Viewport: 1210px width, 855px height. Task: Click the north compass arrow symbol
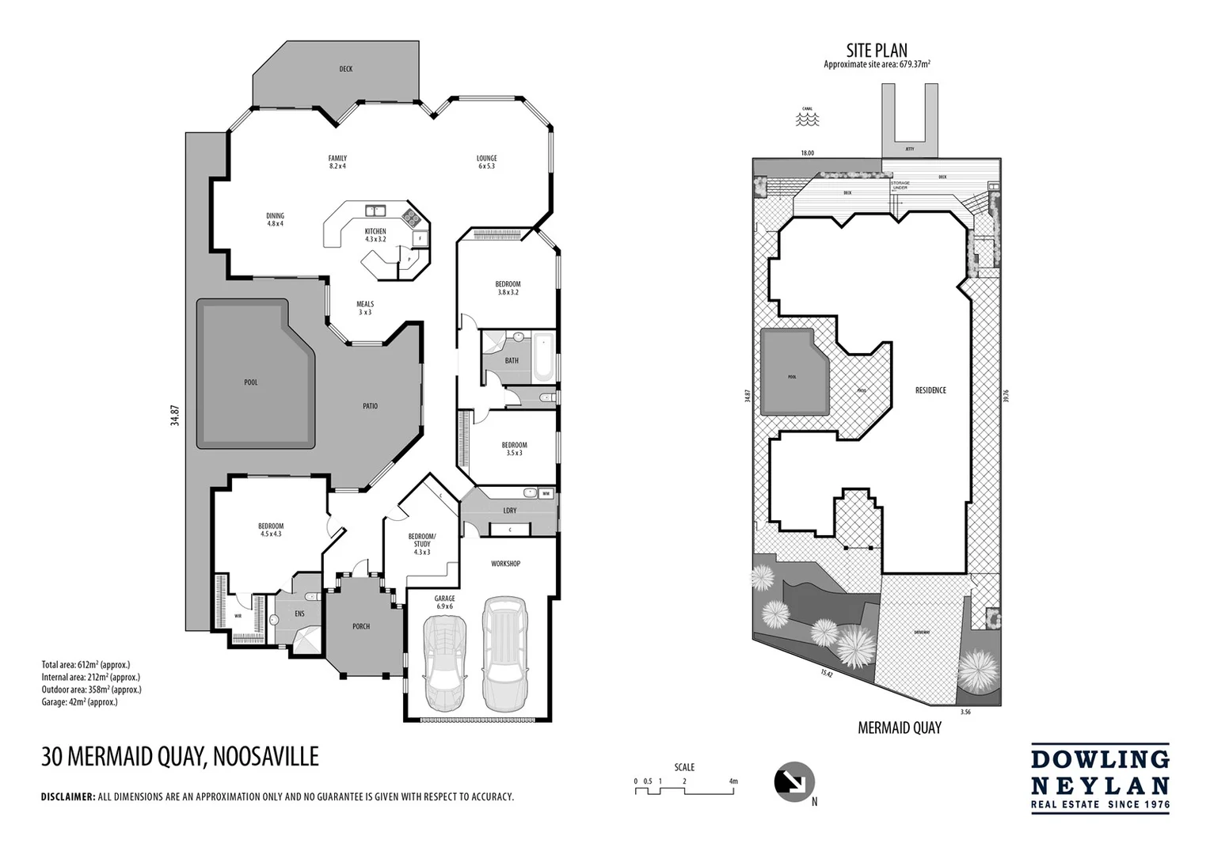[793, 781]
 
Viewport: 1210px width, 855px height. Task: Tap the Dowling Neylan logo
[1099, 778]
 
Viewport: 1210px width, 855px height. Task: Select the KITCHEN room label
[375, 231]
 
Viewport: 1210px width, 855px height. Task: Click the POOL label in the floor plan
[251, 382]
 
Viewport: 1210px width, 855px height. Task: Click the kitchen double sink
[375, 211]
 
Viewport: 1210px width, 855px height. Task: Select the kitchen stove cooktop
[411, 218]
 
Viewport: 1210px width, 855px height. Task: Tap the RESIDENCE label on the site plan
[930, 390]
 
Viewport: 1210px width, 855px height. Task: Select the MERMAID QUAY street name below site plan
[900, 728]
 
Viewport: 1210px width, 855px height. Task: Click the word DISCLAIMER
[67, 797]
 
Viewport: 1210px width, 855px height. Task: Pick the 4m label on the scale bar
[733, 781]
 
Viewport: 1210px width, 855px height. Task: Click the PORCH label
[361, 626]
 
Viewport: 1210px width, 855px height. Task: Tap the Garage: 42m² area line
[79, 702]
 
